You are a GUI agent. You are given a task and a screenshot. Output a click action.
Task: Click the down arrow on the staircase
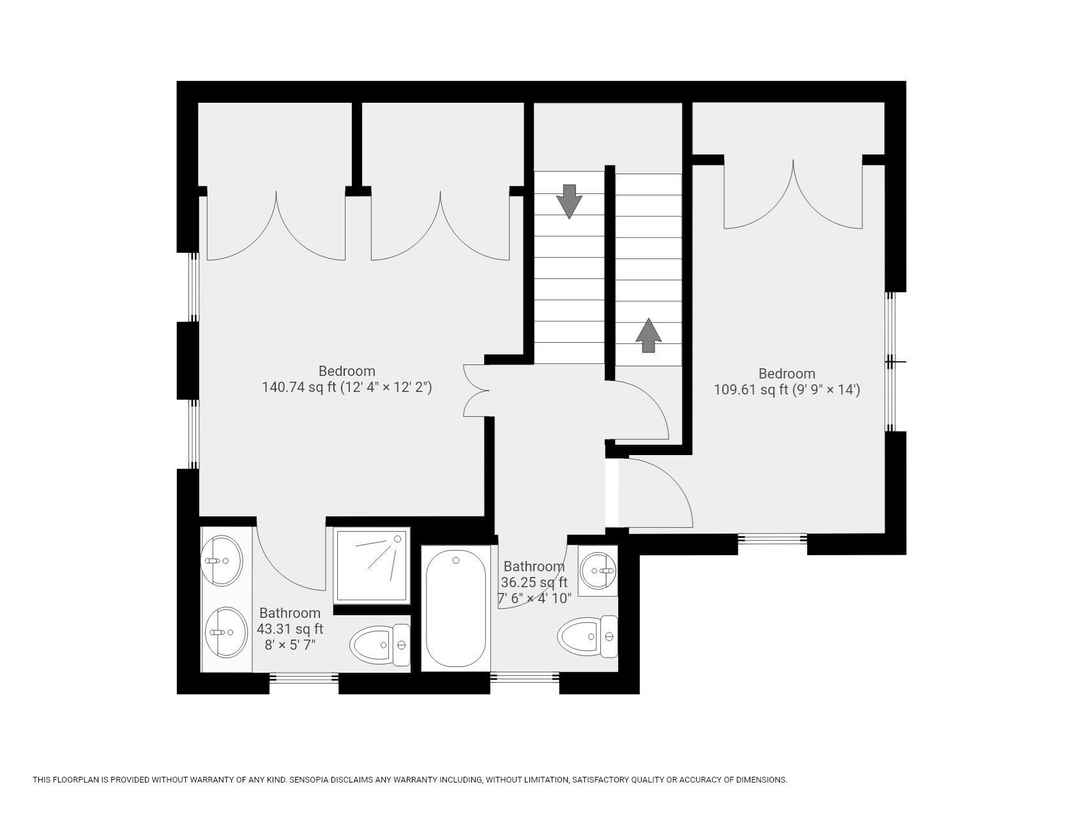pyautogui.click(x=569, y=201)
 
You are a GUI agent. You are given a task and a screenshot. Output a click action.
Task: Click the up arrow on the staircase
pyautogui.click(x=649, y=335)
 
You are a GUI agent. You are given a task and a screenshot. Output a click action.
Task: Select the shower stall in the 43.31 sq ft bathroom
pyautogui.click(x=372, y=565)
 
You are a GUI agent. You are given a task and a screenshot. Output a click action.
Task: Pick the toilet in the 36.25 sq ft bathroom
pyautogui.click(x=587, y=636)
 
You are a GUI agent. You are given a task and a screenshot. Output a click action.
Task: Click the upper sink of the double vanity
pyautogui.click(x=222, y=560)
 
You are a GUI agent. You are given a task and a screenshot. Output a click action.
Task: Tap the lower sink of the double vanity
pyautogui.click(x=225, y=632)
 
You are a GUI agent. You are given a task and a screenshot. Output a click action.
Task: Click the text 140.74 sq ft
pyautogui.click(x=299, y=387)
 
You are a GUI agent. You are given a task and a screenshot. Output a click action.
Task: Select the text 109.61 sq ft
pyautogui.click(x=750, y=390)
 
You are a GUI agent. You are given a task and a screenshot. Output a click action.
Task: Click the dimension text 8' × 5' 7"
pyautogui.click(x=290, y=645)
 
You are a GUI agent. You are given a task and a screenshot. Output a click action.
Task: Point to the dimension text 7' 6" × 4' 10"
pyautogui.click(x=534, y=599)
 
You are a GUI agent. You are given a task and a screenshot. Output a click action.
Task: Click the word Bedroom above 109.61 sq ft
pyautogui.click(x=787, y=373)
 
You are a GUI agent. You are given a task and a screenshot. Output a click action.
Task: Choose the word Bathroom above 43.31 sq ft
pyautogui.click(x=290, y=613)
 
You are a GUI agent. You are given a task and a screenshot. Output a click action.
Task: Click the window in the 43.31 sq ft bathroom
pyautogui.click(x=304, y=682)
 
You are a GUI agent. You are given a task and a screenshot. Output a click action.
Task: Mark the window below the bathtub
pyautogui.click(x=525, y=682)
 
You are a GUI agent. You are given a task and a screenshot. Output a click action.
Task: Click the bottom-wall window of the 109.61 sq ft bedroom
pyautogui.click(x=773, y=543)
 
